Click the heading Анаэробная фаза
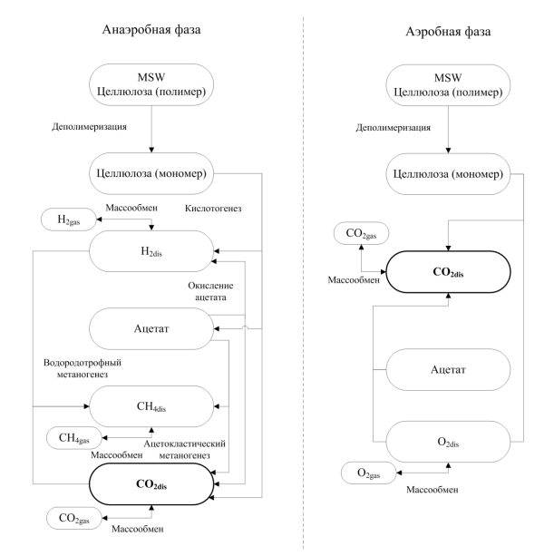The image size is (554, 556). pos(151,29)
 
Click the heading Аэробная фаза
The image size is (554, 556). pos(448,32)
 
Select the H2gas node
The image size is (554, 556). pos(69,219)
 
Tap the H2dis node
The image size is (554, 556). pos(151,251)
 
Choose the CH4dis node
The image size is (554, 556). pos(151,406)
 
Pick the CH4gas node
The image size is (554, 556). pos(74,438)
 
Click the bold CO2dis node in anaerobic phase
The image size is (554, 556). pos(151,484)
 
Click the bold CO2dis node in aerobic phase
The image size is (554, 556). pos(448,272)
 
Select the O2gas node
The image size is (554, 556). pos(369,473)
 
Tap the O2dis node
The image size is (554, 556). pos(448,442)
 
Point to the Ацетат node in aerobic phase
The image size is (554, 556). pos(448,370)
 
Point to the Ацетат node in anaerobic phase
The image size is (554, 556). pos(151,328)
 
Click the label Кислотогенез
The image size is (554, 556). pos(213,208)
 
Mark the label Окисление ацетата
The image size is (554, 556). pos(210,291)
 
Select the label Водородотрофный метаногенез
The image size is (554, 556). pos(83,368)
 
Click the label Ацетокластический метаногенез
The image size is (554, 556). pos(185,449)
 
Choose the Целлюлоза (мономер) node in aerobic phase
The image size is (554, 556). pos(448,174)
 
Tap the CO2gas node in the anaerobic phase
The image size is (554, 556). pos(74,518)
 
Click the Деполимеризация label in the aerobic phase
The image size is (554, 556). pos(394,128)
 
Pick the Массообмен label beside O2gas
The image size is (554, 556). pos(433,490)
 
